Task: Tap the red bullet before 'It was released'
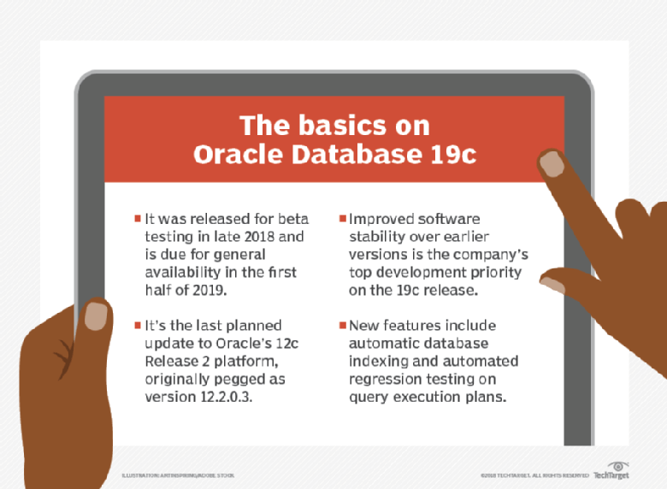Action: coord(138,218)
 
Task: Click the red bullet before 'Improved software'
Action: coord(343,218)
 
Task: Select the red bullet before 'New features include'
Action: coord(343,326)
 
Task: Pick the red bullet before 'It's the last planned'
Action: coord(138,326)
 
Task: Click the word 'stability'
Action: coord(377,236)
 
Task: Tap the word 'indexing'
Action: coord(377,362)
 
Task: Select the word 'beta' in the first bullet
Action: coord(292,218)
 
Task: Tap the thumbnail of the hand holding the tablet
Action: coord(96,315)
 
